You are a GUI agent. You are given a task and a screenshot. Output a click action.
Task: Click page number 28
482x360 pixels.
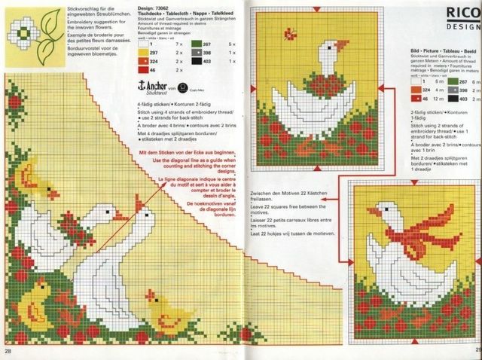click(x=8, y=351)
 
